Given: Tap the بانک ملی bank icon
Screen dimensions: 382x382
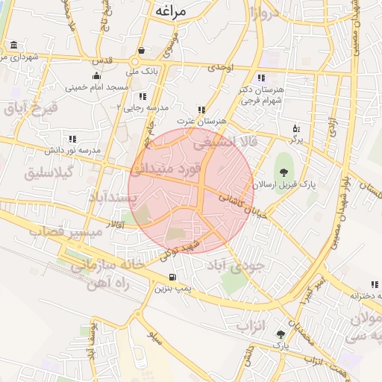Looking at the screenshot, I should coord(141,51).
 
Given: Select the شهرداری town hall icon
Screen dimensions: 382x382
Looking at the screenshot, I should coord(14,46).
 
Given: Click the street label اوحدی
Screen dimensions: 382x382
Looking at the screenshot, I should coord(221,67).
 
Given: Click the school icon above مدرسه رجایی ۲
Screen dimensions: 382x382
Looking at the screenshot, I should coord(142,96).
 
